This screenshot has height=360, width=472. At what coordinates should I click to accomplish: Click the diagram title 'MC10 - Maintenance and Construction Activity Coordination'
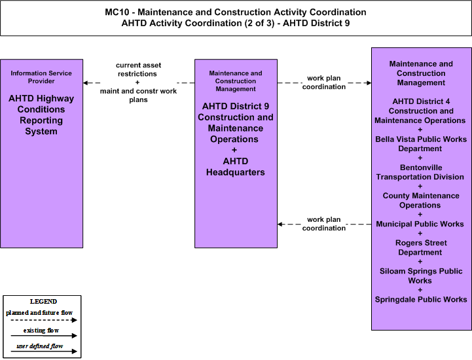coord(236,12)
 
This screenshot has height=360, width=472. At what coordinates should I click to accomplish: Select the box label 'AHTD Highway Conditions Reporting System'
coord(41,115)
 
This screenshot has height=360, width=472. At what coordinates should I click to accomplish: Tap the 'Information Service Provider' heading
coord(41,77)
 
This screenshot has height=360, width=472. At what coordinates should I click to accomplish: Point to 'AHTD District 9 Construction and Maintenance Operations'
coord(236,122)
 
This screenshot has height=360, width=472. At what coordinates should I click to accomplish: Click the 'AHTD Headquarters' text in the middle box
coord(236,166)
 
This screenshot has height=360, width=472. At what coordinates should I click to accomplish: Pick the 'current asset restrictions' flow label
coord(139,69)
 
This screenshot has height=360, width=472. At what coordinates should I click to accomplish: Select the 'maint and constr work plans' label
coord(139,95)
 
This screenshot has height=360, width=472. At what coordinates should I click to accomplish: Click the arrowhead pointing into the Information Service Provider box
coord(86,82)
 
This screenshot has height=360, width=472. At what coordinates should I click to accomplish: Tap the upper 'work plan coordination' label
coord(324,82)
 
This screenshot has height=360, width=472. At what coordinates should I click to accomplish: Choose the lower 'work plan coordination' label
coord(324,224)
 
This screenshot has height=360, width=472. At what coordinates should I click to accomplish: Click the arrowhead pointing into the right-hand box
coord(369,82)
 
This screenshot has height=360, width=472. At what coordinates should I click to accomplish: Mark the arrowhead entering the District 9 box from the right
coord(280,225)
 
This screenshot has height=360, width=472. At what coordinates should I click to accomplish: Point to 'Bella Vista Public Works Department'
coord(421,144)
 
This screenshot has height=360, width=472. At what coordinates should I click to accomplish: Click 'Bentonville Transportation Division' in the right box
coord(420,172)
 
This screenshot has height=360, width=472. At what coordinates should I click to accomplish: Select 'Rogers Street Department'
coord(421,247)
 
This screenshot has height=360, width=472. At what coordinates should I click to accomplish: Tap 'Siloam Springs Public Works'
coord(421,276)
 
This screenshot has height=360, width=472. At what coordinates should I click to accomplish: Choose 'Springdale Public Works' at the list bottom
coord(421,300)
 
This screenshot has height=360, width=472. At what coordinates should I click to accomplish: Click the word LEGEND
coord(43,301)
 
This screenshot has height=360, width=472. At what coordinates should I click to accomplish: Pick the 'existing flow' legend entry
coord(41,331)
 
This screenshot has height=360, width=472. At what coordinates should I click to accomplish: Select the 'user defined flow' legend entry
coord(40,346)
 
